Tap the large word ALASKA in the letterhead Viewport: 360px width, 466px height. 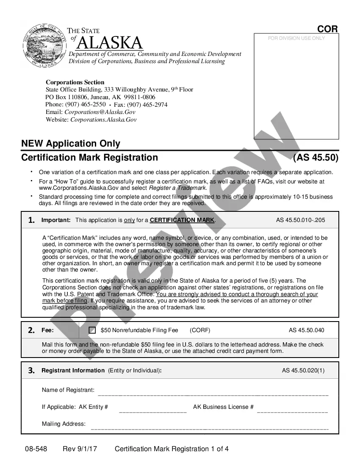coord(110,43)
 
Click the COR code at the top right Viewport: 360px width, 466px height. coord(327,29)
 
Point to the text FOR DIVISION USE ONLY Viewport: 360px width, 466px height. coord(296,38)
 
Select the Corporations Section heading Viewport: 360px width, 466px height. coord(75,82)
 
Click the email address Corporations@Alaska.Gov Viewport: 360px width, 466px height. coord(100,112)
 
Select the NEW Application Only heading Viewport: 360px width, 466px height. coord(71,144)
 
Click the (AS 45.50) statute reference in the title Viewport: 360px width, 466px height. coord(316,158)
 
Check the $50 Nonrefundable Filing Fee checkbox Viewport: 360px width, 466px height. coord(92,330)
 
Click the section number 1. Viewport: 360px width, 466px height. coord(31,220)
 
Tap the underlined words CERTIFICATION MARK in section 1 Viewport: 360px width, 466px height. coord(182,220)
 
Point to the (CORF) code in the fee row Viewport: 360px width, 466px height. coord(200,330)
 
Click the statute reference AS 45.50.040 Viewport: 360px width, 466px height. coord(307,330)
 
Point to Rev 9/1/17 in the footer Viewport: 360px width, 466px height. coord(80,449)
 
